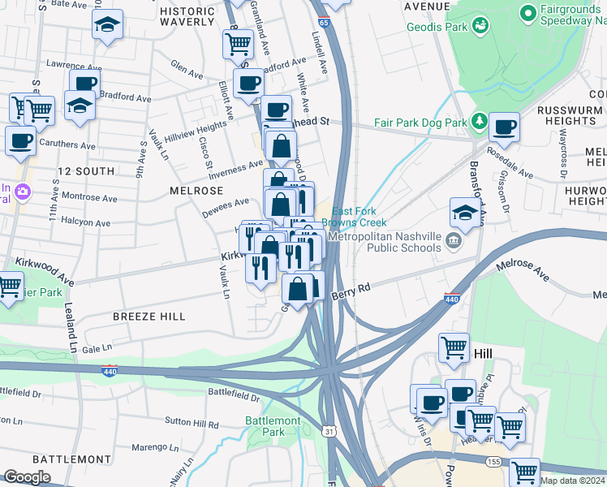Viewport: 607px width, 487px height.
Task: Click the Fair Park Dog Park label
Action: [420, 123]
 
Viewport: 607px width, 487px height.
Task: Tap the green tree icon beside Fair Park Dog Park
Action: [480, 122]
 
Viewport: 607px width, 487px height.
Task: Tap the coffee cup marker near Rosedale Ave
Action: [504, 127]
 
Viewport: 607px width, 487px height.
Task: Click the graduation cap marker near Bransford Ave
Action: [464, 213]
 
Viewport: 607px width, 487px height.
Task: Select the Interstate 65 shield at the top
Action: [324, 23]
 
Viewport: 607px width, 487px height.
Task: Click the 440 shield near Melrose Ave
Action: [453, 299]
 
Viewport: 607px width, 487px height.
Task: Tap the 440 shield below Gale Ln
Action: [110, 371]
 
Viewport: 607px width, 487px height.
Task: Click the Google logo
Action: [27, 477]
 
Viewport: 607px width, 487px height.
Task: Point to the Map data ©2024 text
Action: [572, 481]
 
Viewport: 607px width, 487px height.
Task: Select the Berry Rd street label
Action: [351, 288]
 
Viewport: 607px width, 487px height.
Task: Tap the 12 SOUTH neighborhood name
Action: [86, 171]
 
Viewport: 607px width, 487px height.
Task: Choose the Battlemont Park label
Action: [273, 426]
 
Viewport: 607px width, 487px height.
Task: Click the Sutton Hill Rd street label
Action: [192, 424]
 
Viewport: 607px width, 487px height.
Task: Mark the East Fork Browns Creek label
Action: [354, 217]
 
